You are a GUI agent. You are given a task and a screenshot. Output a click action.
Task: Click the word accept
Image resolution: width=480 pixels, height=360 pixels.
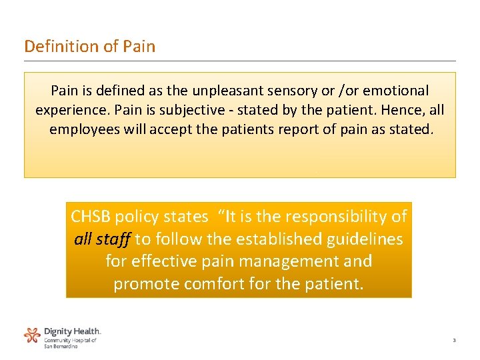[x=171, y=129]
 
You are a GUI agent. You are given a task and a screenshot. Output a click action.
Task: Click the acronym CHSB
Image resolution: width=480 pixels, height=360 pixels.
[x=91, y=217]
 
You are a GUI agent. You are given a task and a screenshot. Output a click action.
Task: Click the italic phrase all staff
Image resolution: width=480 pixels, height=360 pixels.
[x=102, y=239]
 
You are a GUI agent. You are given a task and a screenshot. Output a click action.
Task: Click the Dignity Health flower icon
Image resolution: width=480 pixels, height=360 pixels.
[x=32, y=335]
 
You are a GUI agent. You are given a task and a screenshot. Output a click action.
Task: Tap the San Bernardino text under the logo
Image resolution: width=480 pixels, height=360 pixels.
[x=61, y=346]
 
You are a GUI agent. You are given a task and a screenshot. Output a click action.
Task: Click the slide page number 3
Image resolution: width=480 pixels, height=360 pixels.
[x=453, y=341]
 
